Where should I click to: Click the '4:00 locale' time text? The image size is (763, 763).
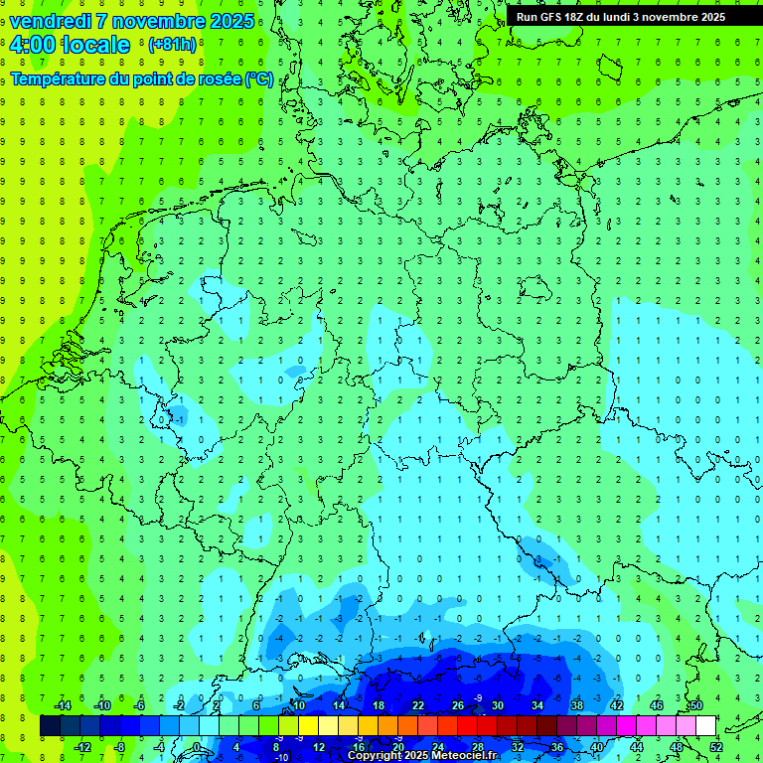point(69,45)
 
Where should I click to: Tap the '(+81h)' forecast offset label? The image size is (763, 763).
point(172,45)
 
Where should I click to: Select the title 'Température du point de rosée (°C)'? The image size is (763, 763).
point(142,78)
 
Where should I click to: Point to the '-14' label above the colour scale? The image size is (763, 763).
point(62,705)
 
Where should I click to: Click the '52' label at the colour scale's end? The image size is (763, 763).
point(716,747)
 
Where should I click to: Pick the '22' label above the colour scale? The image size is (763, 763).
point(418,705)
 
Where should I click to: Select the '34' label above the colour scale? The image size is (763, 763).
point(537,705)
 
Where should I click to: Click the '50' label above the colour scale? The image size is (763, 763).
point(696,705)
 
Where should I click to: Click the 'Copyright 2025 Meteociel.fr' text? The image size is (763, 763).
point(422,756)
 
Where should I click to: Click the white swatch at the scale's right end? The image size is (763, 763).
point(705,726)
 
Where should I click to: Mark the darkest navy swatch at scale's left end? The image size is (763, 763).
point(50,726)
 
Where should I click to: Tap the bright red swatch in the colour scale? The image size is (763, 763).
point(467,726)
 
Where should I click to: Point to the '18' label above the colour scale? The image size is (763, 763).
point(379,705)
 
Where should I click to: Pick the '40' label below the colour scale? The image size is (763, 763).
point(597,747)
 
